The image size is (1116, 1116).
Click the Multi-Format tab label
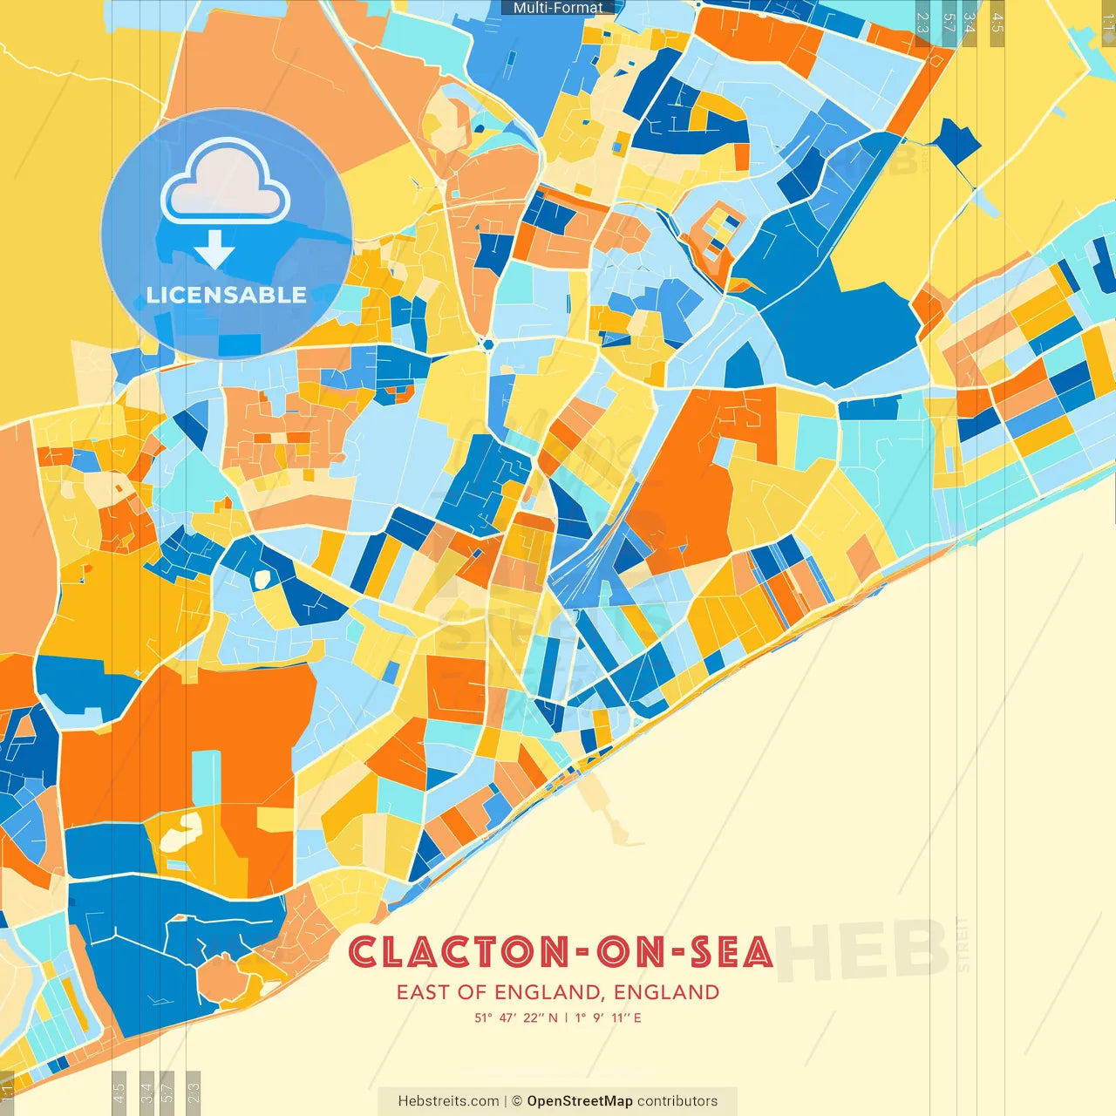[557, 8]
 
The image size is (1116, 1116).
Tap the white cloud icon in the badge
[226, 181]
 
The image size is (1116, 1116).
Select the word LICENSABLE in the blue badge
[227, 295]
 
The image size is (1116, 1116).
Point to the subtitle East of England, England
[558, 992]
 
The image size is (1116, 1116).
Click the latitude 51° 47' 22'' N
[516, 1017]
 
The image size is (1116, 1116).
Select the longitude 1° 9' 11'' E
[609, 1017]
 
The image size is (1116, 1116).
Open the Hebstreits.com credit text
[448, 1101]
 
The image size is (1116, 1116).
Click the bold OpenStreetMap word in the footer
[579, 1101]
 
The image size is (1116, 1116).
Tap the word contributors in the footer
[677, 1101]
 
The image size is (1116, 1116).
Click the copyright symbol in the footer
[516, 1101]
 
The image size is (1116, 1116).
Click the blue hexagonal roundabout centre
[487, 344]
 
